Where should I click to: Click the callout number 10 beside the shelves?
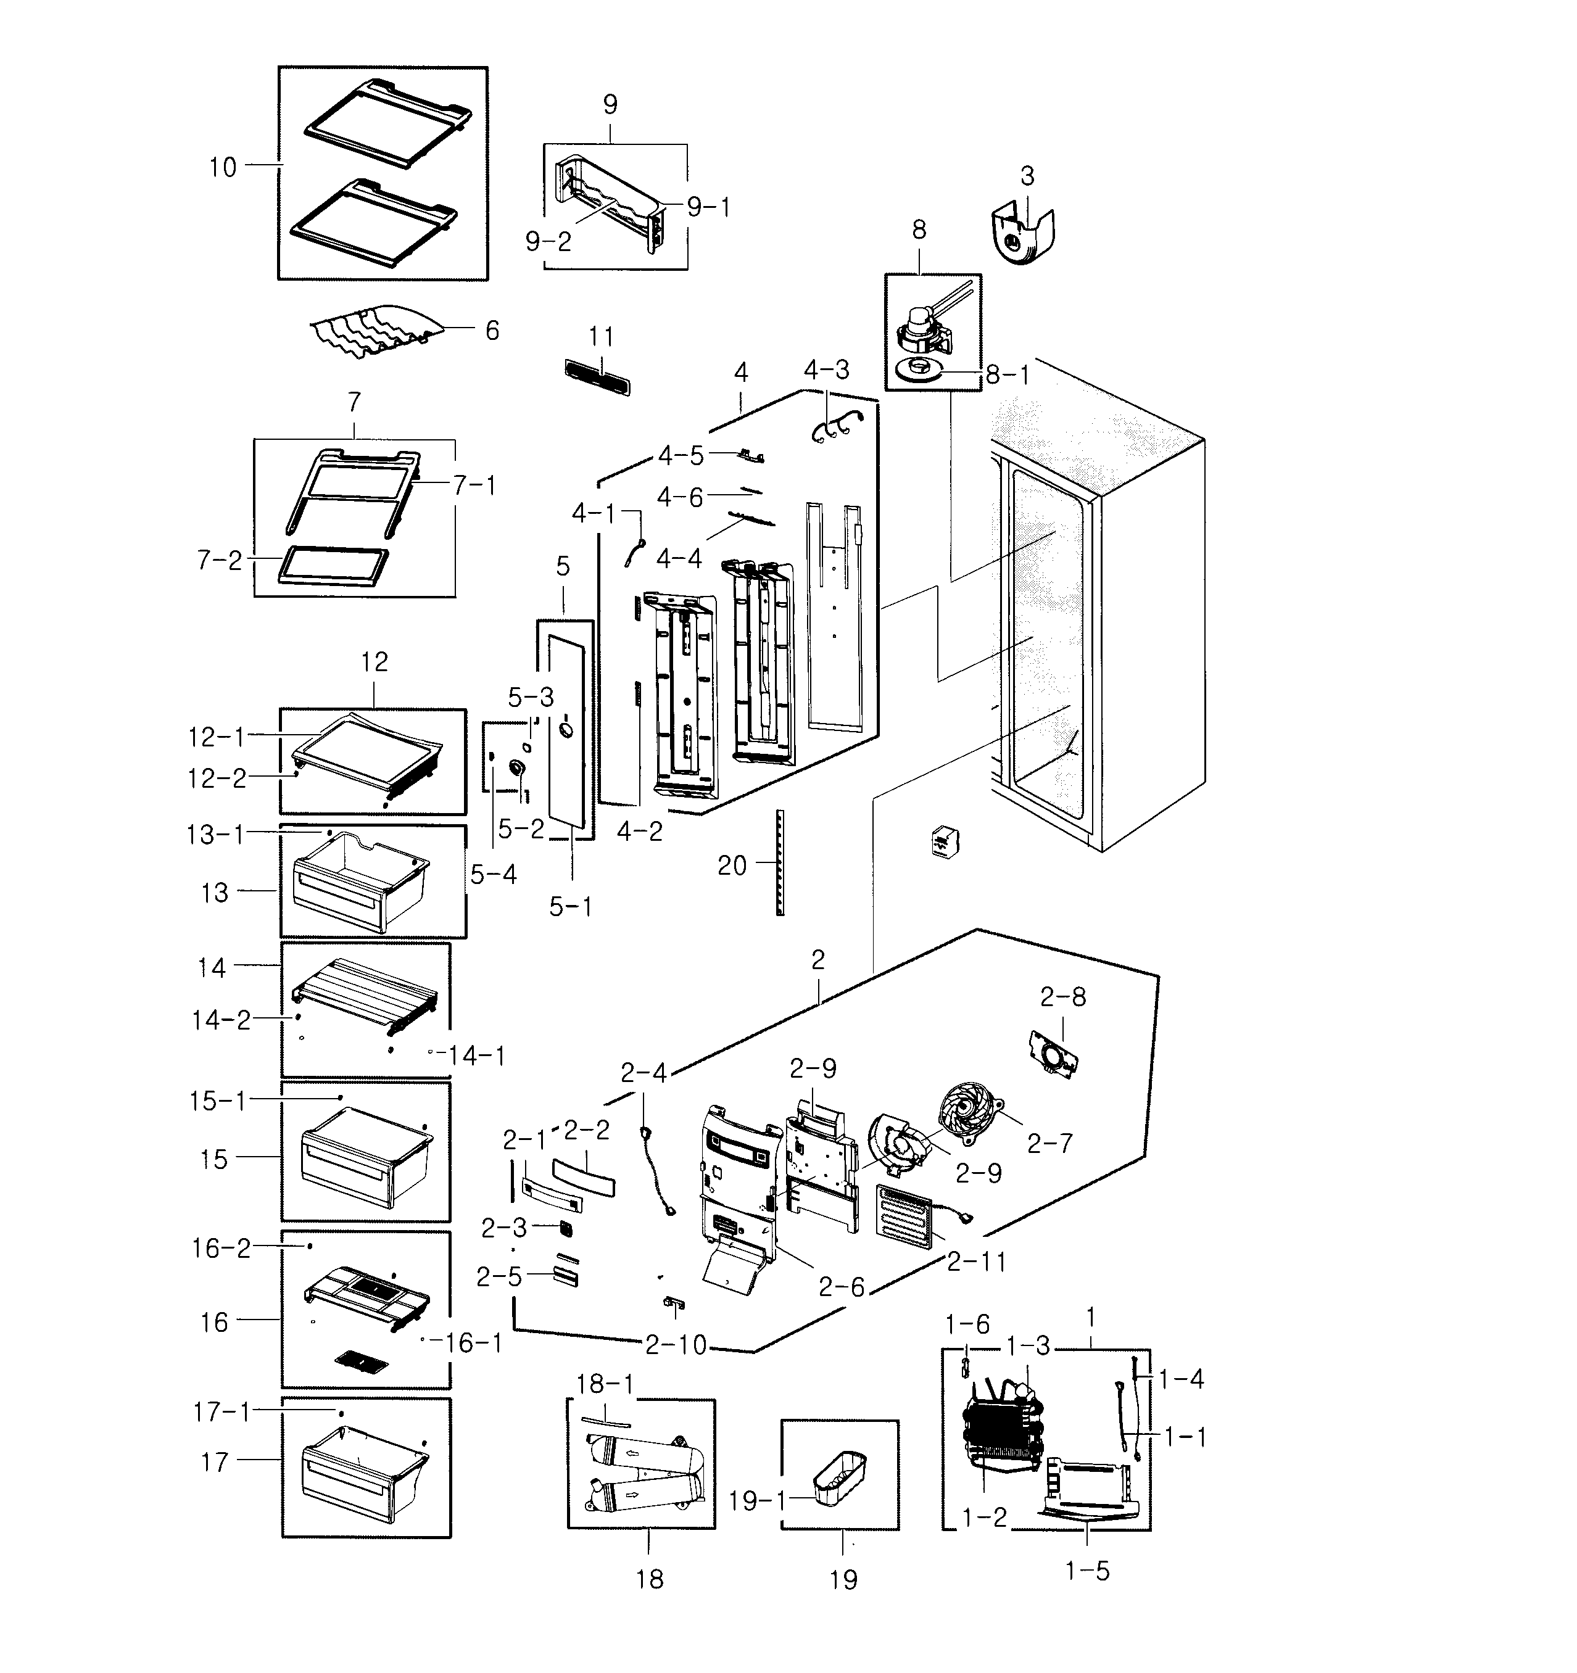[x=223, y=167]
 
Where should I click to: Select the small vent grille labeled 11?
[x=596, y=377]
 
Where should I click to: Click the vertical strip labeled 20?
[x=780, y=862]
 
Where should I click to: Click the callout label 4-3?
[x=826, y=370]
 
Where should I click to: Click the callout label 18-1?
[x=605, y=1384]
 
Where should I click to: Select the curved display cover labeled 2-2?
[x=583, y=1177]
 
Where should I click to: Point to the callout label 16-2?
[x=221, y=1248]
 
